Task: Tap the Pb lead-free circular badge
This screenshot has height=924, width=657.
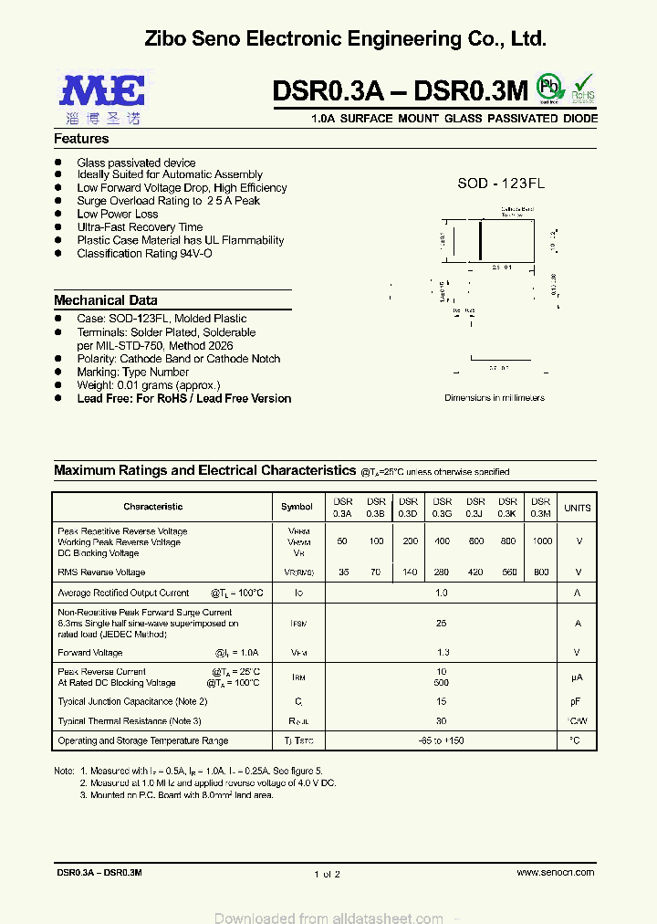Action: click(548, 88)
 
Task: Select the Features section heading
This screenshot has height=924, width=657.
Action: click(81, 139)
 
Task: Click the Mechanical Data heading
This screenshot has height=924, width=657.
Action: click(105, 300)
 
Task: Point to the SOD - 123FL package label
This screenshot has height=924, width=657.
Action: click(501, 184)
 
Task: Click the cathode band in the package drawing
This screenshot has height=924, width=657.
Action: click(481, 242)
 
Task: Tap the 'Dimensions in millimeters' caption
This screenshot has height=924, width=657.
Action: click(494, 398)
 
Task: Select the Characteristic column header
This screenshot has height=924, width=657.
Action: click(152, 507)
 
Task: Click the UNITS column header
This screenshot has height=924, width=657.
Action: click(577, 508)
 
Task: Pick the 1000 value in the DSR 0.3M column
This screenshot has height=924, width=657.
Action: click(542, 541)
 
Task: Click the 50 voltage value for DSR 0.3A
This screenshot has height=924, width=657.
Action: click(342, 541)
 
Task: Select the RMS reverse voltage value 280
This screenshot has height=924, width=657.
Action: click(443, 572)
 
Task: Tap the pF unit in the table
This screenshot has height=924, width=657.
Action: click(577, 701)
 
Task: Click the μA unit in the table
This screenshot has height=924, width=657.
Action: click(577, 677)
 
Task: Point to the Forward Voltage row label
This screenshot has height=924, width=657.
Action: click(89, 653)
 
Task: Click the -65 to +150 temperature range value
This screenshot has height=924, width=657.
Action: click(443, 740)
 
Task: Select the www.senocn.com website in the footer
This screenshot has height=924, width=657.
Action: click(555, 873)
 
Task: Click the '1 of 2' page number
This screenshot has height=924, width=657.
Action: click(326, 874)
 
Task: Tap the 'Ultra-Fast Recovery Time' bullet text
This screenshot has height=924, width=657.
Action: click(140, 227)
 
